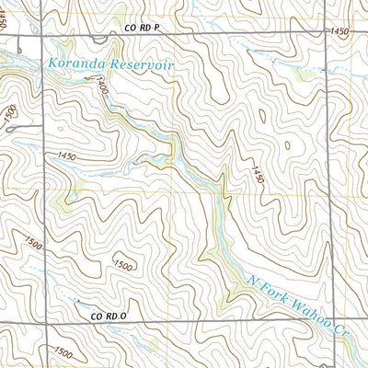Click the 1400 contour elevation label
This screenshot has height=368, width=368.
(x=99, y=88)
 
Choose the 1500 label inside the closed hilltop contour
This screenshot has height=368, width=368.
(x=121, y=265)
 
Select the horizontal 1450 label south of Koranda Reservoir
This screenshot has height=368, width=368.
(x=66, y=157)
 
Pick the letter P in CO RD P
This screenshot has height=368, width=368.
(x=157, y=29)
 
